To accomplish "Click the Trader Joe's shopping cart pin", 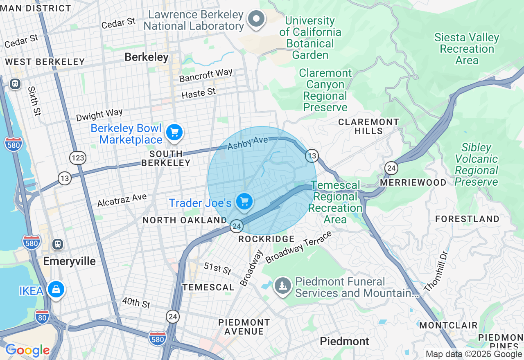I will (244, 202).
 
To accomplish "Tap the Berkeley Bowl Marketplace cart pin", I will (174, 133).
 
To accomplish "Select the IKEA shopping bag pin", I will (56, 290).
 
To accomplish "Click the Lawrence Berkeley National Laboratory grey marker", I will (257, 18).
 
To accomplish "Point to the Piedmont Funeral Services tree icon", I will (282, 285).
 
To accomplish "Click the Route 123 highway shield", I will (77, 157).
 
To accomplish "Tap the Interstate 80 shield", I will (42, 317).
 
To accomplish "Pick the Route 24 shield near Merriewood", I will (391, 168).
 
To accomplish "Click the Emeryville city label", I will (69, 261).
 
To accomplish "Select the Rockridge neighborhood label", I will (266, 239).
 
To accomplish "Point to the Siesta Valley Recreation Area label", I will (467, 49).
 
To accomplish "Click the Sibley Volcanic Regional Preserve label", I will (476, 164).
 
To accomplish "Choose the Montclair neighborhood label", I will (448, 325).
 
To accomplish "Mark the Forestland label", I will (467, 219).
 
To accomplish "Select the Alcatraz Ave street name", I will (122, 200).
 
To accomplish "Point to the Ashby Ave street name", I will (248, 143).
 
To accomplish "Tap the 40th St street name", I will (136, 303).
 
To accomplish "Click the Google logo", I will (27, 351).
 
